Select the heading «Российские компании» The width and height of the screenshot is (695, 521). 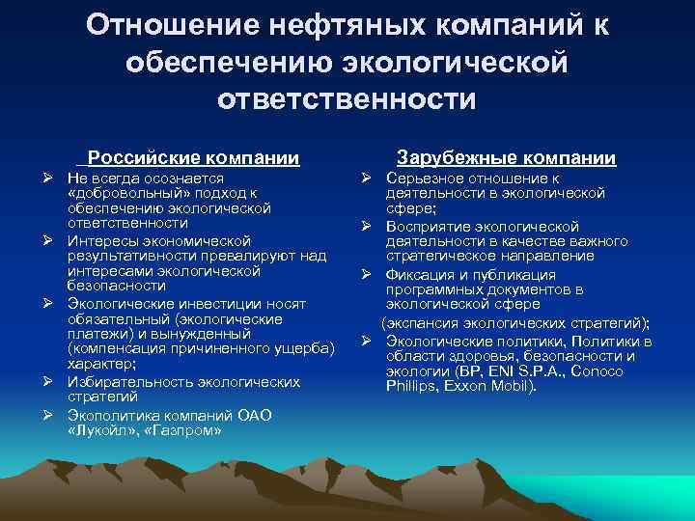tap(193, 158)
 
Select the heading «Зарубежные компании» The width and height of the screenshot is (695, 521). tap(507, 158)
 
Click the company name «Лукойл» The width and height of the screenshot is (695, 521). tap(105, 429)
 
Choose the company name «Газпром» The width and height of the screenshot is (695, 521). tap(181, 429)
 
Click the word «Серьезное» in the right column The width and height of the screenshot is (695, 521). tap(424, 178)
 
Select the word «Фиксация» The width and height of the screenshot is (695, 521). tap(420, 274)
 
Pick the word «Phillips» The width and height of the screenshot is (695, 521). tap(413, 388)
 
